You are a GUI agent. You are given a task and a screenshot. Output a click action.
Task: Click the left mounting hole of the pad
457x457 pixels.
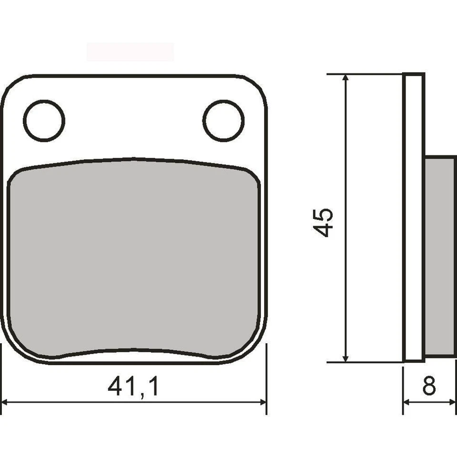(x=44, y=120)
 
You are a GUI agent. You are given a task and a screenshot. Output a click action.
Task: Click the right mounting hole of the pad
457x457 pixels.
(x=223, y=120)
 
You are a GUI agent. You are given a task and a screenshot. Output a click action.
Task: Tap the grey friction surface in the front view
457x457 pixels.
(x=134, y=257)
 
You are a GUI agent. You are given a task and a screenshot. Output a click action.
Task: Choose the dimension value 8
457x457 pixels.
(x=429, y=386)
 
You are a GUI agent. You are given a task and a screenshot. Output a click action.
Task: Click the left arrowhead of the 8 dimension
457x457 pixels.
(x=407, y=402)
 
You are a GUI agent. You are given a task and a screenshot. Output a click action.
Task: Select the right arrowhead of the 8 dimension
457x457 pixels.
(x=452, y=402)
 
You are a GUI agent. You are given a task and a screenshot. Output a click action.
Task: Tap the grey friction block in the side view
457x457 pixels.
(x=439, y=257)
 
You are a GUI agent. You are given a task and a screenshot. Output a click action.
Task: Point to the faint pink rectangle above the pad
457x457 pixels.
(x=130, y=51)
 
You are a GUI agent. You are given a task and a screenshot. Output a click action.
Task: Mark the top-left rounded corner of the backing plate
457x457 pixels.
(x=12, y=86)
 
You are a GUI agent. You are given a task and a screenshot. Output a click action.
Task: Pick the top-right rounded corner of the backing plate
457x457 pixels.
(x=256, y=86)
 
